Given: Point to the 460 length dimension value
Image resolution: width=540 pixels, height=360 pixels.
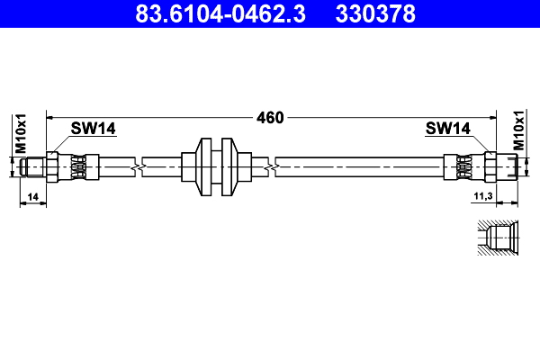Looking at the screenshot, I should point(270,118).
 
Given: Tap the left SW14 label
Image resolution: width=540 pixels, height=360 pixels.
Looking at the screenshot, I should point(94,130).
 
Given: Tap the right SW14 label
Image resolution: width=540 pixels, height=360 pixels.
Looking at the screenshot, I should point(448,130).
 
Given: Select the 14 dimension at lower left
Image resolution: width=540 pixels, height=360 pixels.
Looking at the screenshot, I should point(32,195).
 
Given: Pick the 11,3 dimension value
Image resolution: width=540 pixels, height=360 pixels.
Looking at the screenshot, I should point(482,195).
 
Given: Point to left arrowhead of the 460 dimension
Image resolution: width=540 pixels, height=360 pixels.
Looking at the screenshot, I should point(50,118).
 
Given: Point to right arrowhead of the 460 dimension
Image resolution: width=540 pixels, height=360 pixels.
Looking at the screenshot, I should point(493,118).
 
